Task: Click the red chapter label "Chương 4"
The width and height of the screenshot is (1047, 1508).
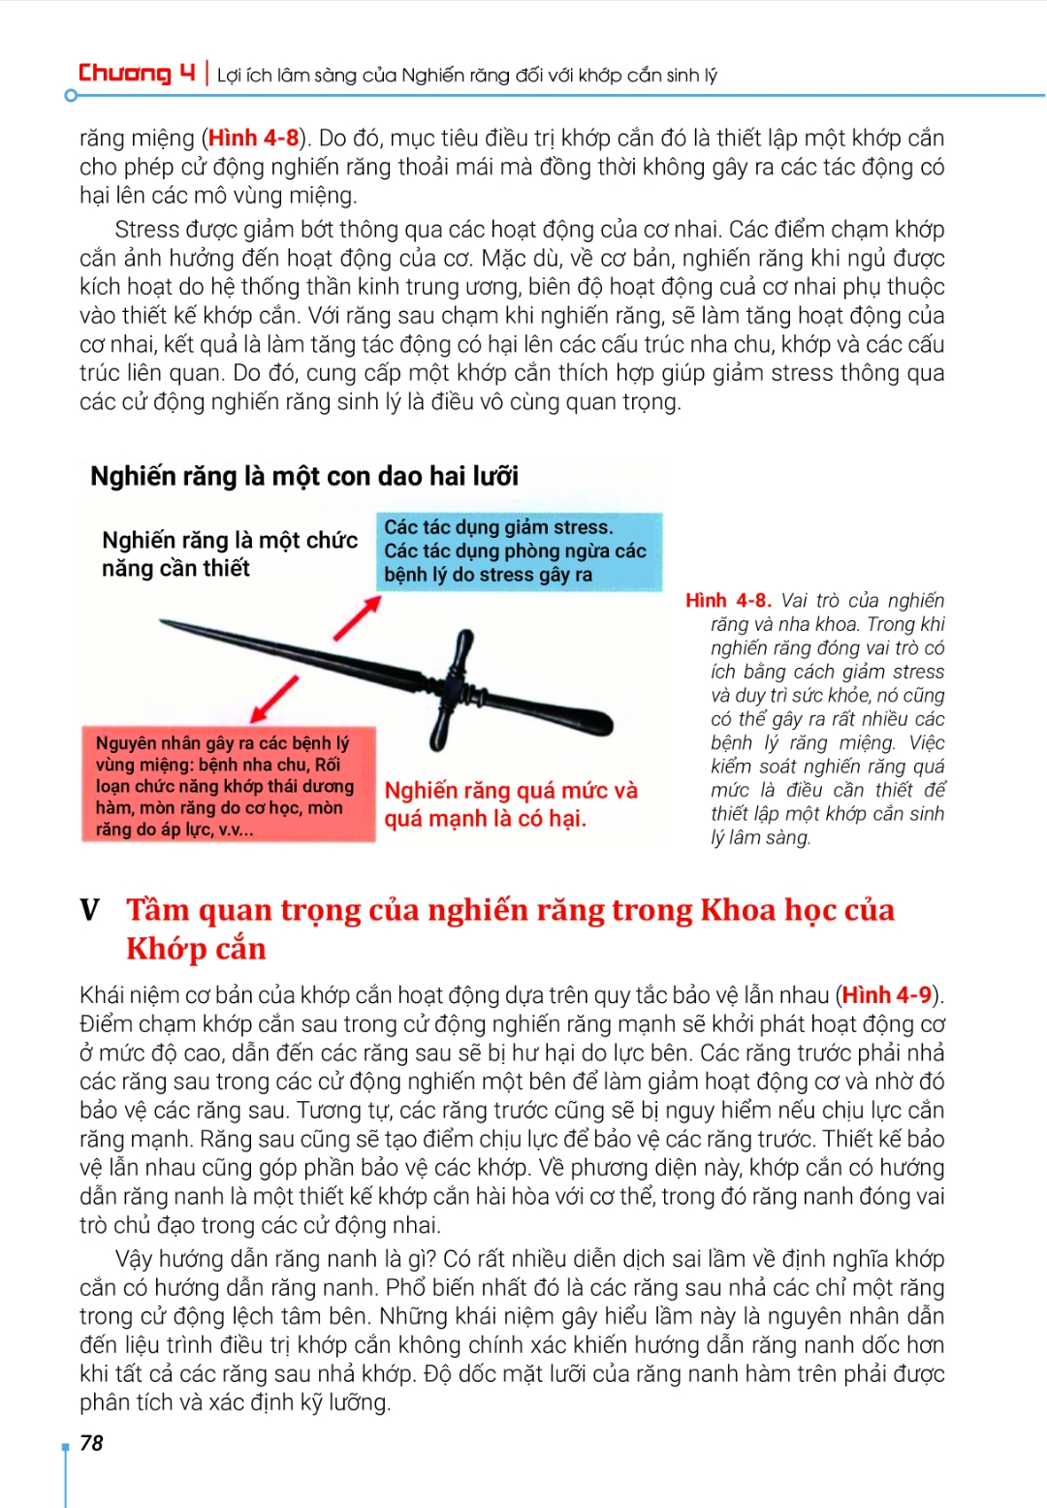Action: [137, 74]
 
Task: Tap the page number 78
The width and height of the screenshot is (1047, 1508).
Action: [91, 1443]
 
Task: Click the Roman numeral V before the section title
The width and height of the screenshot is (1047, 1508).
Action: [90, 910]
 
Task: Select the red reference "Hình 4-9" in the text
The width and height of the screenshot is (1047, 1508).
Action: [886, 995]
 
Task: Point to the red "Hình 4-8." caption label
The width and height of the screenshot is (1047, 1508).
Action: [728, 601]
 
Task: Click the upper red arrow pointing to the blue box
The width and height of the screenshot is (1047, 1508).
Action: [357, 618]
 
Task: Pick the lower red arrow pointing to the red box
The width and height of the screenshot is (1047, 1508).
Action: [274, 699]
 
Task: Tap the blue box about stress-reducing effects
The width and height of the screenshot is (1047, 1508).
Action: [518, 551]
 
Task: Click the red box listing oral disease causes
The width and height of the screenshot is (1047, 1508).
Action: [228, 784]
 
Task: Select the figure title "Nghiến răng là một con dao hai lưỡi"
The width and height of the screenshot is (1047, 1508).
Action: [304, 476]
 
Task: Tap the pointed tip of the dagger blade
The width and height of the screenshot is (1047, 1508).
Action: [164, 622]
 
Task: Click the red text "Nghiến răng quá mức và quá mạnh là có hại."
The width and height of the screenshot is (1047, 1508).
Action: [511, 804]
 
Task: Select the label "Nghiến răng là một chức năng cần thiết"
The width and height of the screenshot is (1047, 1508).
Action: [229, 554]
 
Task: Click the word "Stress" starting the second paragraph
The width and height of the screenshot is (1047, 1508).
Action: [146, 230]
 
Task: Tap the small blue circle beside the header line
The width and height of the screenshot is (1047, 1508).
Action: [70, 96]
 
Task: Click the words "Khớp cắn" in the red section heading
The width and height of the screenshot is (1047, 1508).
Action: [196, 949]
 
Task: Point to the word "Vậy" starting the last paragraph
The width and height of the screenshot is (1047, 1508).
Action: [133, 1259]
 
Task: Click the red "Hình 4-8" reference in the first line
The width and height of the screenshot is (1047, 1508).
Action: [253, 139]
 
